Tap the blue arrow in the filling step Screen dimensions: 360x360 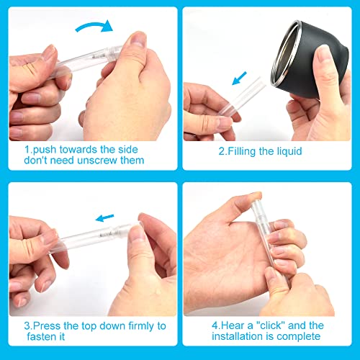coord(239,78)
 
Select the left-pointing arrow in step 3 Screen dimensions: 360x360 coord(104,217)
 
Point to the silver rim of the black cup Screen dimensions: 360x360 coord(284,52)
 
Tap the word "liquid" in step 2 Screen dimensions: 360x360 coord(289,152)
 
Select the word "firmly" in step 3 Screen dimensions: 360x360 coord(141,326)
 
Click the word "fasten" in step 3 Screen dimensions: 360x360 coord(40,337)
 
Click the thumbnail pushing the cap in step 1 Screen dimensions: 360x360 coord(138,39)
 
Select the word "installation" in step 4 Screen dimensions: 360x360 coord(238,336)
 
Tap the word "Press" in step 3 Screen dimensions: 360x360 coord(47,326)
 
